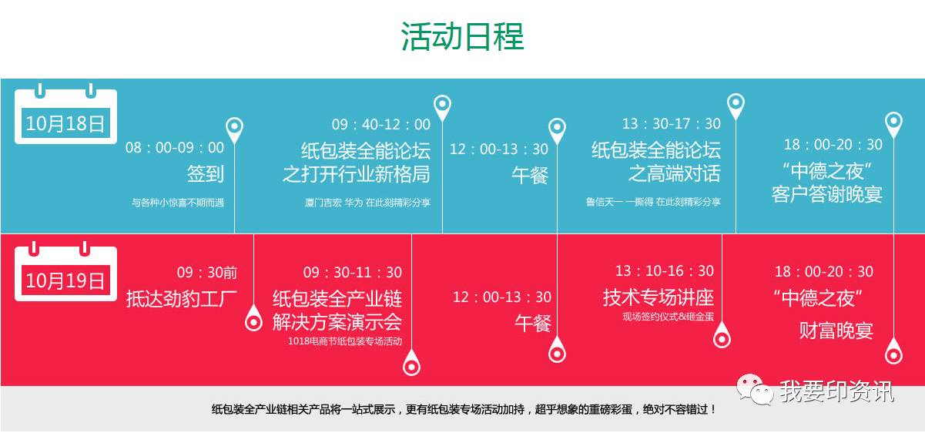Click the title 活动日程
[462, 37]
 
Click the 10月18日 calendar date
[65, 123]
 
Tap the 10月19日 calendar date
[65, 280]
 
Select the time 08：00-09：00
[175, 147]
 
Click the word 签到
[205, 173]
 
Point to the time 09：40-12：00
[381, 124]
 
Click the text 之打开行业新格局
[357, 174]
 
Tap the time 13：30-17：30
[672, 123]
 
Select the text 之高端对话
[675, 173]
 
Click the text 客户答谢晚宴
[827, 194]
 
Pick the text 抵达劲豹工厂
[182, 298]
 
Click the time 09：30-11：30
[352, 272]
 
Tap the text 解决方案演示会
[337, 322]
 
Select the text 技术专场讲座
[659, 297]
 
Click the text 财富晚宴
[836, 331]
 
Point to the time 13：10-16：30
[665, 271]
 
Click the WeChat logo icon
[755, 389]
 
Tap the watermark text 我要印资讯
[837, 391]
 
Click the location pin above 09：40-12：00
[442, 106]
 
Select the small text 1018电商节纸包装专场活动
[345, 341]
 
